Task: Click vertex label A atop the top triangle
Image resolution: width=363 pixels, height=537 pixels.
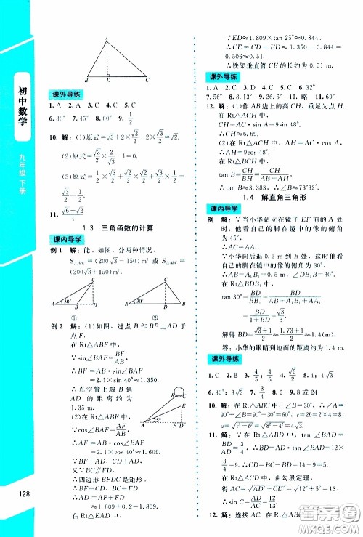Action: coord(107,39)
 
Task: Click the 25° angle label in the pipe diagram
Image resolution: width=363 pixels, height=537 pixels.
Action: coord(155,419)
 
